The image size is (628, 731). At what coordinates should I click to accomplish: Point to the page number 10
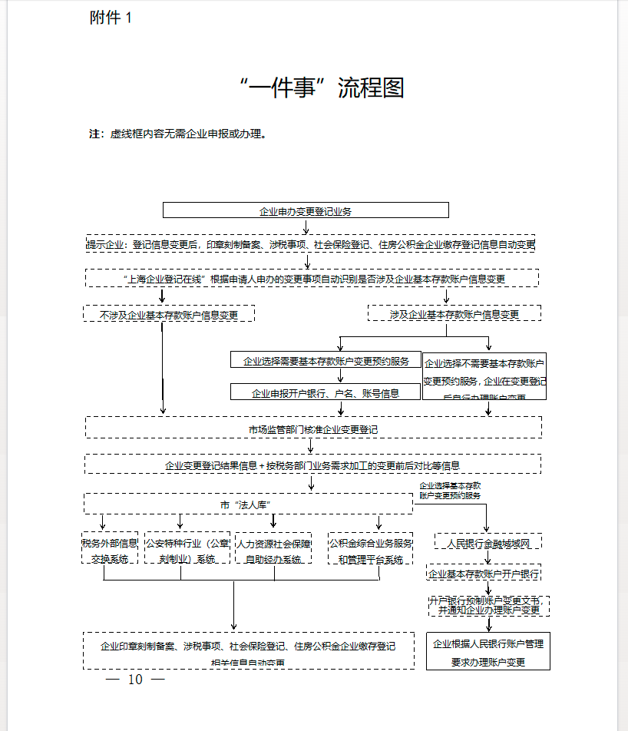135,680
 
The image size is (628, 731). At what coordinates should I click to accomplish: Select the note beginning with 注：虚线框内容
178,134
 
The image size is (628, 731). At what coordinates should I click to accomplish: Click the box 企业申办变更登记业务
306,210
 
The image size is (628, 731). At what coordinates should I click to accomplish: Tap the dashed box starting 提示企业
310,244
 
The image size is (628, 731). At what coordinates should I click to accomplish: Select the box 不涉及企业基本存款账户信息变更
169,314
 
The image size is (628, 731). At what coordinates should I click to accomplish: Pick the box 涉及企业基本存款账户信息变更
454,314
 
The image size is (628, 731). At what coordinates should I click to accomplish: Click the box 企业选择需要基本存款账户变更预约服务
326,360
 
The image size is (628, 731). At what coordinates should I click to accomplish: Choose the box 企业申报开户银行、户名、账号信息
326,392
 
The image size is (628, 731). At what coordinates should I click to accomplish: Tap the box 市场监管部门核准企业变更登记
313,428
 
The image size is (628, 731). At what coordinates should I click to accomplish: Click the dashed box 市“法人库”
248,504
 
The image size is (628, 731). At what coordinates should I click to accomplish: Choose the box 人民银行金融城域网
488,543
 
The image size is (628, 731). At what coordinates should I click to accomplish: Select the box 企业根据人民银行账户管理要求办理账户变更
488,652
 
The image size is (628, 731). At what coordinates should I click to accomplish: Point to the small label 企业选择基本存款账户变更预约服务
450,491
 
